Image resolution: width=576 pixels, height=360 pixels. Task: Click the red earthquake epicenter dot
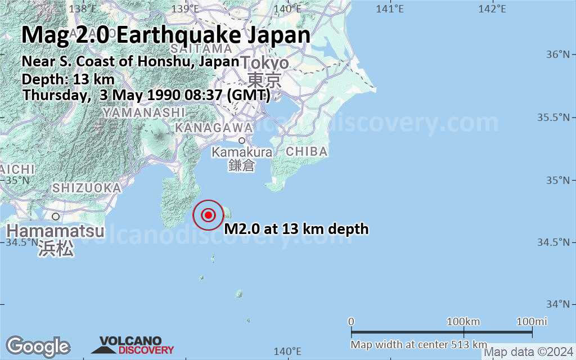pyautogui.click(x=209, y=215)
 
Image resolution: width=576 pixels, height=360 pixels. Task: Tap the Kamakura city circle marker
pyautogui.click(x=242, y=141)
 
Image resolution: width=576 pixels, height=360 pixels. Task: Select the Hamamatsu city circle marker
pyautogui.click(x=56, y=216)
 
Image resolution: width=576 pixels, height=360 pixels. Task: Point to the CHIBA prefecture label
pyautogui.click(x=307, y=151)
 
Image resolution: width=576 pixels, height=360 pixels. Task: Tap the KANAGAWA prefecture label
pyautogui.click(x=214, y=128)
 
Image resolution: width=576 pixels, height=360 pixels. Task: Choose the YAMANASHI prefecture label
pyautogui.click(x=144, y=112)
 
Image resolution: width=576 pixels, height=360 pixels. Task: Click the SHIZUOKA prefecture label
pyautogui.click(x=86, y=188)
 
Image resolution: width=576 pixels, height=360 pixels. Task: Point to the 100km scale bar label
pyautogui.click(x=463, y=321)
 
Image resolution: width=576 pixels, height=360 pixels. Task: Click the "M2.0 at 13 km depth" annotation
pyautogui.click(x=296, y=229)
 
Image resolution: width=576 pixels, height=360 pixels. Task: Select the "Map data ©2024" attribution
pyautogui.click(x=529, y=353)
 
